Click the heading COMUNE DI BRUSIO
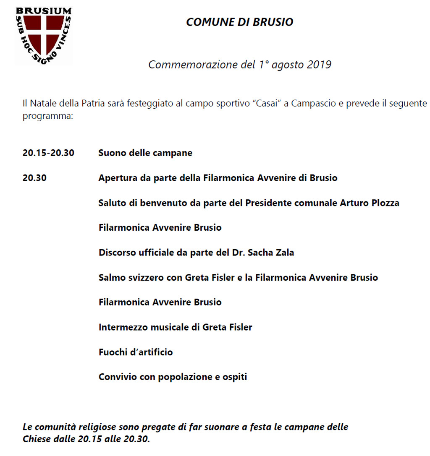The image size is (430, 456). (239, 22)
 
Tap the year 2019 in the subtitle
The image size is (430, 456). (320, 65)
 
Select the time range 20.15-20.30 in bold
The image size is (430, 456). (48, 153)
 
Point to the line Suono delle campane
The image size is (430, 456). (145, 153)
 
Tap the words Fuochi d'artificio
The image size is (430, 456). (136, 352)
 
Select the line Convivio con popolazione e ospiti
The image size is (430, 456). (173, 377)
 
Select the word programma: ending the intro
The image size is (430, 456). (48, 115)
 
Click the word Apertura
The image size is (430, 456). (116, 178)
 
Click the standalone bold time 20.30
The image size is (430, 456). (34, 178)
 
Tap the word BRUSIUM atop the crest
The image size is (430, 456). (44, 10)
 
